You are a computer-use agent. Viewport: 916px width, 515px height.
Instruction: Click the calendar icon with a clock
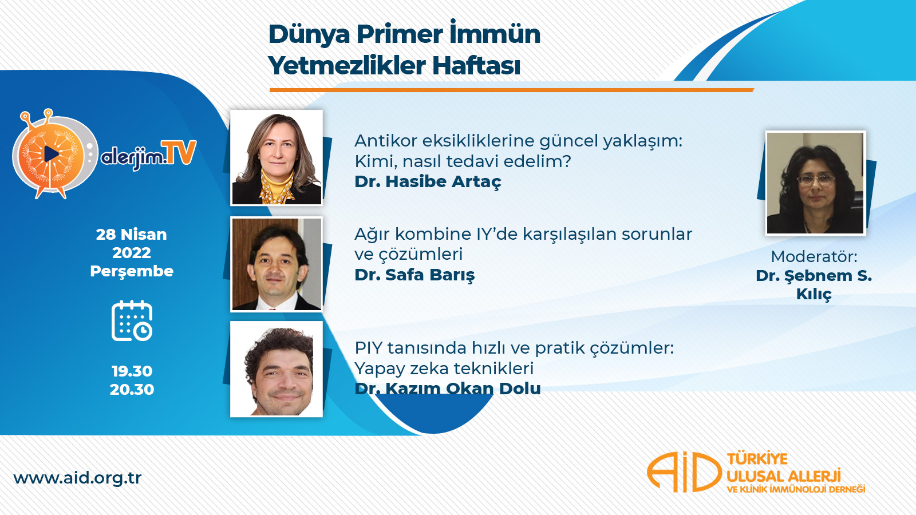pyautogui.click(x=132, y=321)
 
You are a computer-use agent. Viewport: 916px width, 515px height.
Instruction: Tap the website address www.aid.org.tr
pyautogui.click(x=78, y=478)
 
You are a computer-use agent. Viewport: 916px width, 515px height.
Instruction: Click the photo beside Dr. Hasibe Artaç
pyautogui.click(x=277, y=157)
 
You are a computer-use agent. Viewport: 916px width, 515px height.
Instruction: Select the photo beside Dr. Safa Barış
pyautogui.click(x=277, y=264)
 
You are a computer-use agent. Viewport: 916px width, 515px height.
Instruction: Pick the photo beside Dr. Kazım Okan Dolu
pyautogui.click(x=277, y=369)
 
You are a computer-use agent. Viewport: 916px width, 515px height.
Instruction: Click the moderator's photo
pyautogui.click(x=815, y=183)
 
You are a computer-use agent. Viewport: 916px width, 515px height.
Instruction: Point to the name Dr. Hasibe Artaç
pyautogui.click(x=428, y=182)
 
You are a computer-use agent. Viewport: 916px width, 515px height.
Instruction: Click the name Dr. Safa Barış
pyautogui.click(x=414, y=275)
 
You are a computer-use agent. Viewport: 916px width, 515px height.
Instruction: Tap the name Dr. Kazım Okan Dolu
pyautogui.click(x=448, y=389)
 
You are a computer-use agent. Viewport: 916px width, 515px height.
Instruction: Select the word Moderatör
pyautogui.click(x=814, y=257)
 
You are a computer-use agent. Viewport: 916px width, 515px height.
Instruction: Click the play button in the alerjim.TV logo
pyautogui.click(x=51, y=154)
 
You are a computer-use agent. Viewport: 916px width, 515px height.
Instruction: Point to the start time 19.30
pyautogui.click(x=132, y=371)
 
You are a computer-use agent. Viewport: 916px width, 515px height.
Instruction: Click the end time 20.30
pyautogui.click(x=132, y=390)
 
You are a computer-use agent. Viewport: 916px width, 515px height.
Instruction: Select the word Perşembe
pyautogui.click(x=132, y=271)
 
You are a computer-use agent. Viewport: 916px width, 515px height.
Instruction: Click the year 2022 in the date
pyautogui.click(x=132, y=252)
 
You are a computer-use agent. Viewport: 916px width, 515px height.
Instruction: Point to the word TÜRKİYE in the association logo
pyautogui.click(x=757, y=458)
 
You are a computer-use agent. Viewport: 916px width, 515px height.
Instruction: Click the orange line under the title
pyautogui.click(x=512, y=90)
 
